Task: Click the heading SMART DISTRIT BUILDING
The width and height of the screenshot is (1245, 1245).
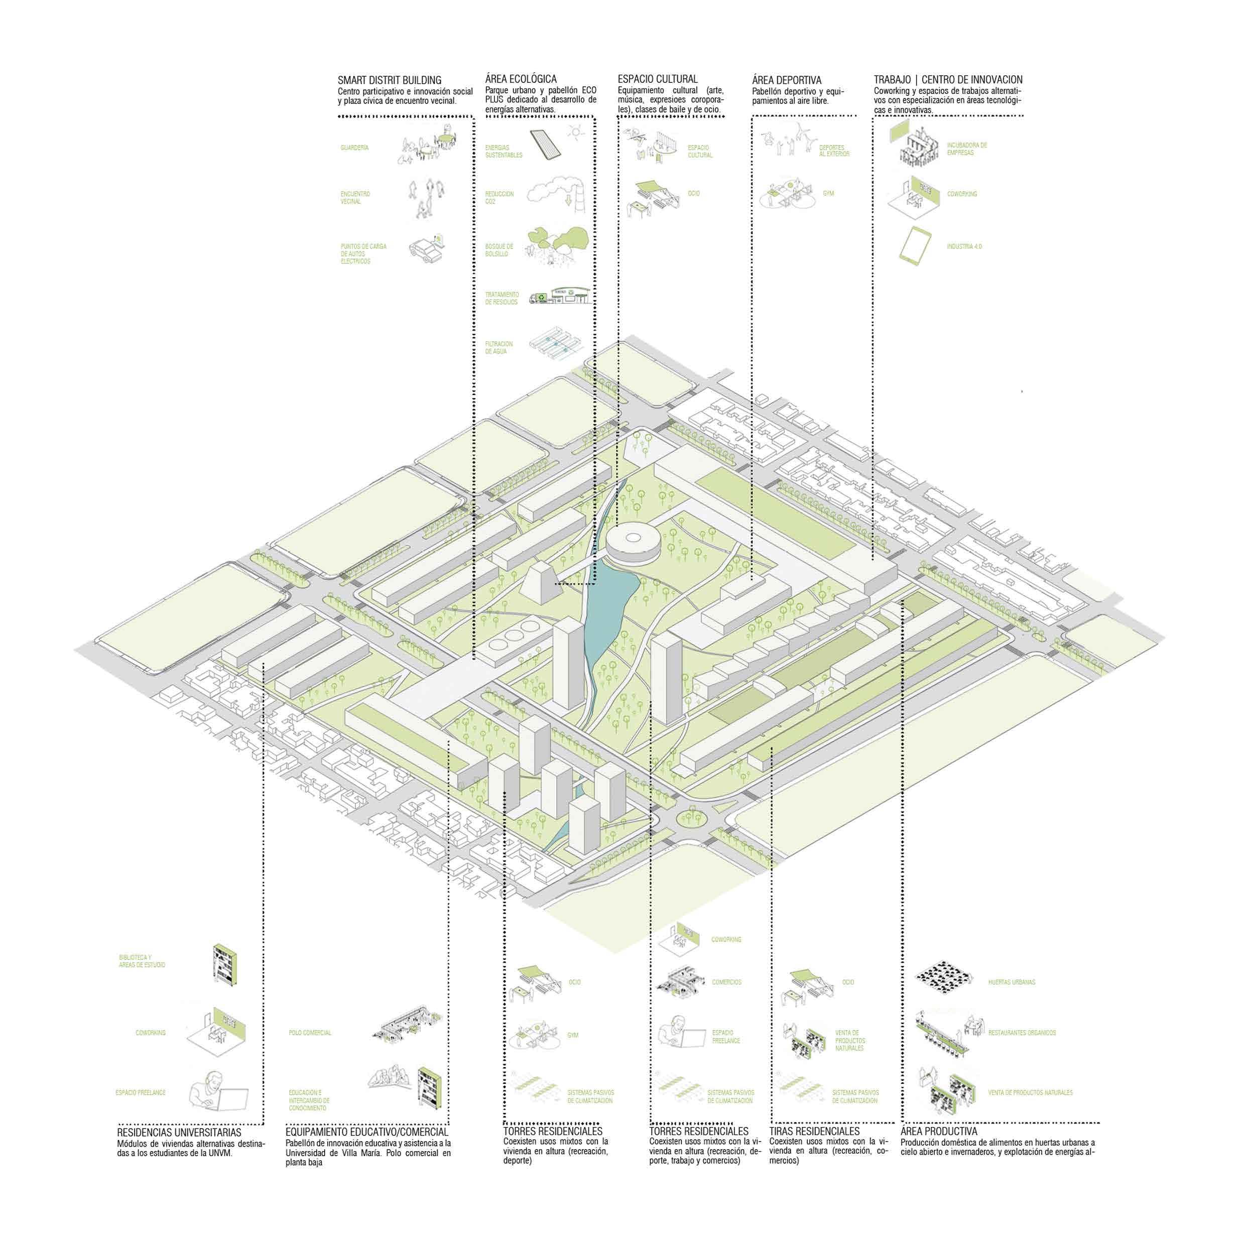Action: (389, 80)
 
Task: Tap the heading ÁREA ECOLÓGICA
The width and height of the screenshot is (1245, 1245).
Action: (521, 79)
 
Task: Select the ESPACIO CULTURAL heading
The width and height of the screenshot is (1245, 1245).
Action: (657, 79)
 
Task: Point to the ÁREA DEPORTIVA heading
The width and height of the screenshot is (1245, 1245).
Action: (786, 80)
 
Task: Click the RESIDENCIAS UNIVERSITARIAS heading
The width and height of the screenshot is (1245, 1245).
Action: (179, 1150)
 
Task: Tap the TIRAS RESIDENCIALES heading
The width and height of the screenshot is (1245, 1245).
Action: (815, 1149)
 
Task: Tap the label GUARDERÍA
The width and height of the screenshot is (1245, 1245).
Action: (354, 148)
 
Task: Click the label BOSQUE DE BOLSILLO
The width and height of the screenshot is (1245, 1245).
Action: (500, 250)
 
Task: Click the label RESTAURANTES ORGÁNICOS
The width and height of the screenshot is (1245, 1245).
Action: (1022, 1033)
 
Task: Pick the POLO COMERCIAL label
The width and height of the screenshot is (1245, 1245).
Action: (310, 1033)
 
